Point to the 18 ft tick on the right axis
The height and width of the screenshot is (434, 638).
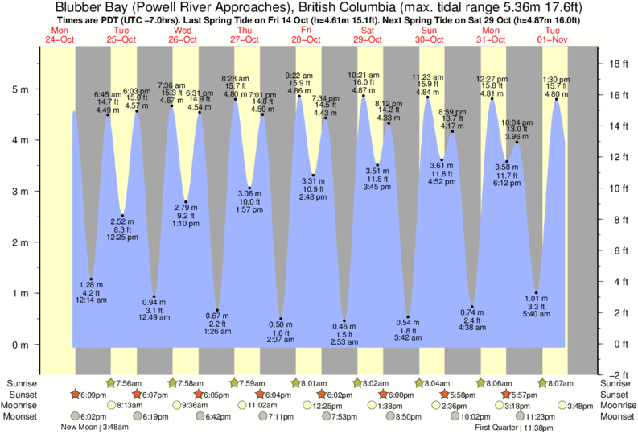coord(616,63)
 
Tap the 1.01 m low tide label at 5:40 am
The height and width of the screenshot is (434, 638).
coord(536,305)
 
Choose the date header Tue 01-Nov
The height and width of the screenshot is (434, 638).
coord(554,35)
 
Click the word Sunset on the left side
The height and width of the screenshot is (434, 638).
coord(21,395)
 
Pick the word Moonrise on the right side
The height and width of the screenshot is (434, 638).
coord(616,406)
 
